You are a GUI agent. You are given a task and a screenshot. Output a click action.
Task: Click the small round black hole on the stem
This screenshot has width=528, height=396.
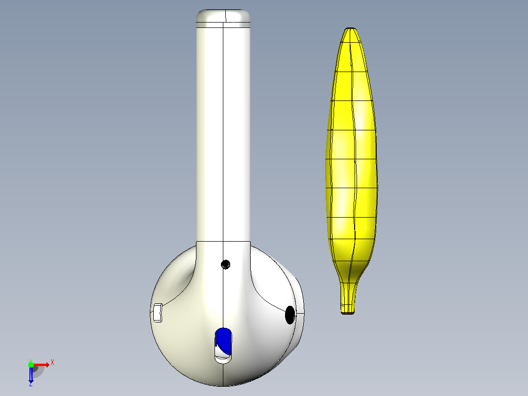coord(225,264)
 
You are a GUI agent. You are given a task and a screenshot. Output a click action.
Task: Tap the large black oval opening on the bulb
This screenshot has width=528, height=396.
coord(290,315)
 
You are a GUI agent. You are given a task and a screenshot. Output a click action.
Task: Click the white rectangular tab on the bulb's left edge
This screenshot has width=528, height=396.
coord(158,313)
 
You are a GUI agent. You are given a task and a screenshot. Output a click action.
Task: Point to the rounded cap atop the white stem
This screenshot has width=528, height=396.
coord(223,16)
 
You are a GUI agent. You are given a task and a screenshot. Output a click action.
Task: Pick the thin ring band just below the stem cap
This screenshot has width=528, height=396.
coord(223,25)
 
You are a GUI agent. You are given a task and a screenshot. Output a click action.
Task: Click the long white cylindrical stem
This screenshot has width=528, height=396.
coord(223,134)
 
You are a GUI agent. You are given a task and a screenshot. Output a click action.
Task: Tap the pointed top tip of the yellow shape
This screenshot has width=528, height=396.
coord(351,28)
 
